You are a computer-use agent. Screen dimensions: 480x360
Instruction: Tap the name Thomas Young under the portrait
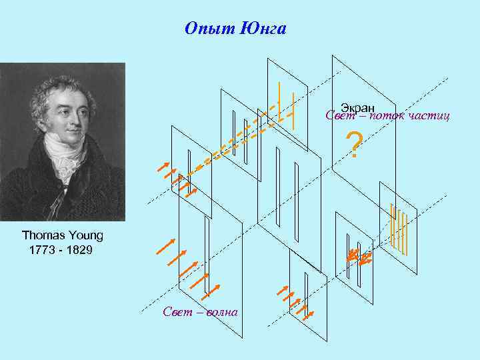[x=62, y=235]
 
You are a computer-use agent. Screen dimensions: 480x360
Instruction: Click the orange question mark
[x=355, y=145]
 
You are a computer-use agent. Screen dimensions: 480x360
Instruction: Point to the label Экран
[x=358, y=107]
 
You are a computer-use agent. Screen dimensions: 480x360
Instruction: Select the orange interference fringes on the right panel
[x=399, y=230]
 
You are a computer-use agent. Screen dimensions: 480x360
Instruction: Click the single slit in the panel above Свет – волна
[x=207, y=253]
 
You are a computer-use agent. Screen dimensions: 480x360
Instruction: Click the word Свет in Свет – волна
[x=177, y=312]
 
